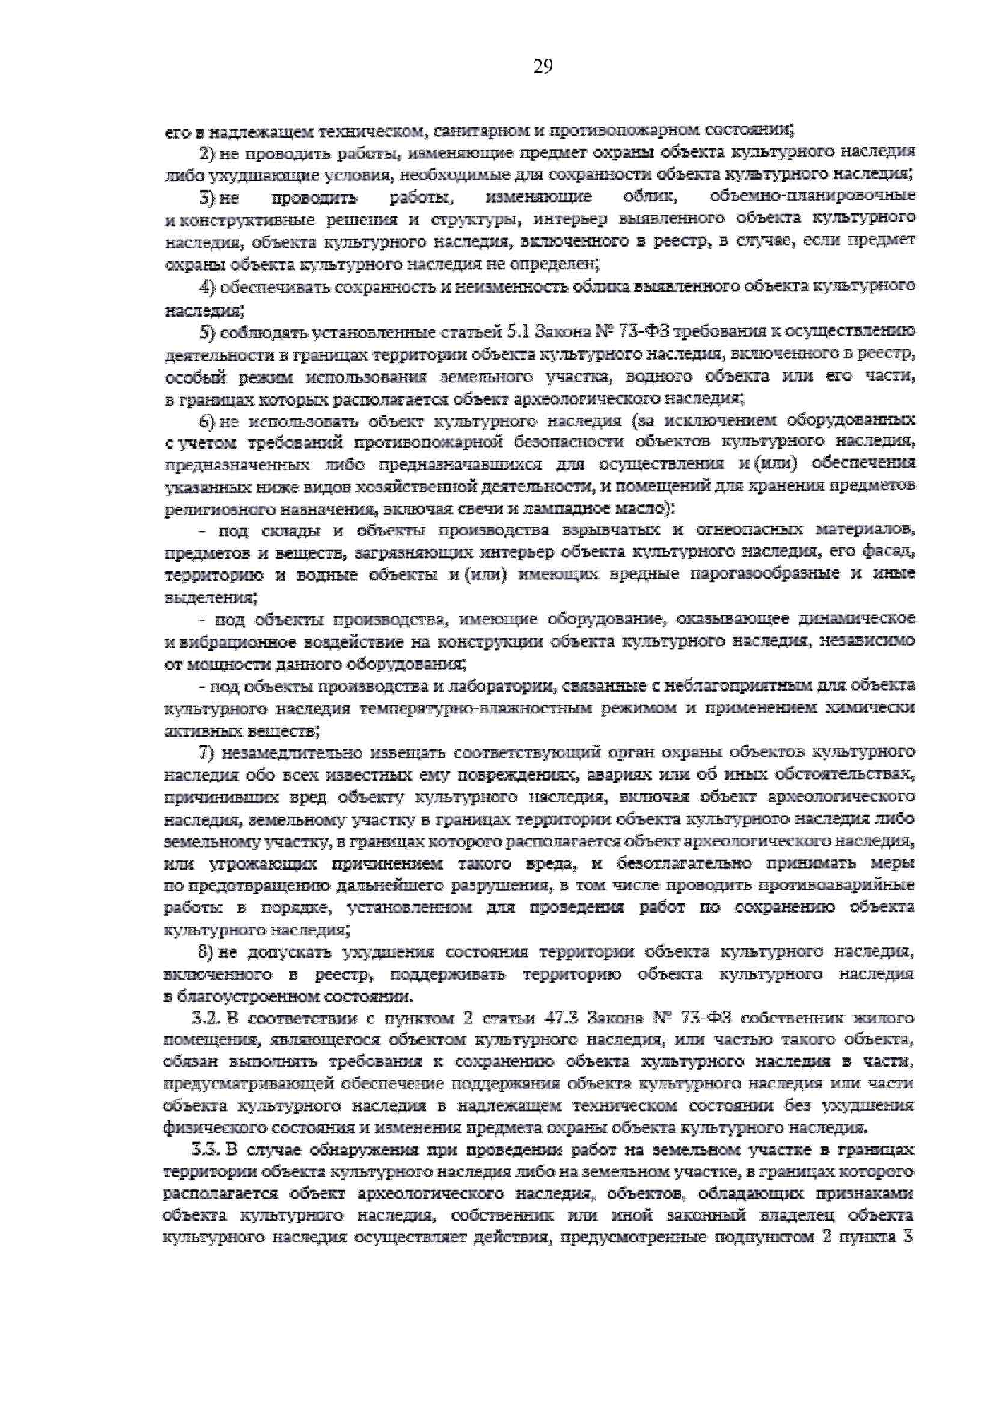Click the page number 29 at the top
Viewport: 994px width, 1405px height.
[543, 67]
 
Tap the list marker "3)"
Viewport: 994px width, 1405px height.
[207, 196]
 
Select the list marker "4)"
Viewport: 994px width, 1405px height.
[207, 286]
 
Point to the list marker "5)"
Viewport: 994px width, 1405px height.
[207, 331]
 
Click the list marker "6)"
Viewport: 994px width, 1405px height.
[207, 421]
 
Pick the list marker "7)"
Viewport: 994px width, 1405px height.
[207, 753]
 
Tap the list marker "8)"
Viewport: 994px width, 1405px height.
[207, 952]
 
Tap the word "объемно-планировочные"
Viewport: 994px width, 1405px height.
[813, 196]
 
